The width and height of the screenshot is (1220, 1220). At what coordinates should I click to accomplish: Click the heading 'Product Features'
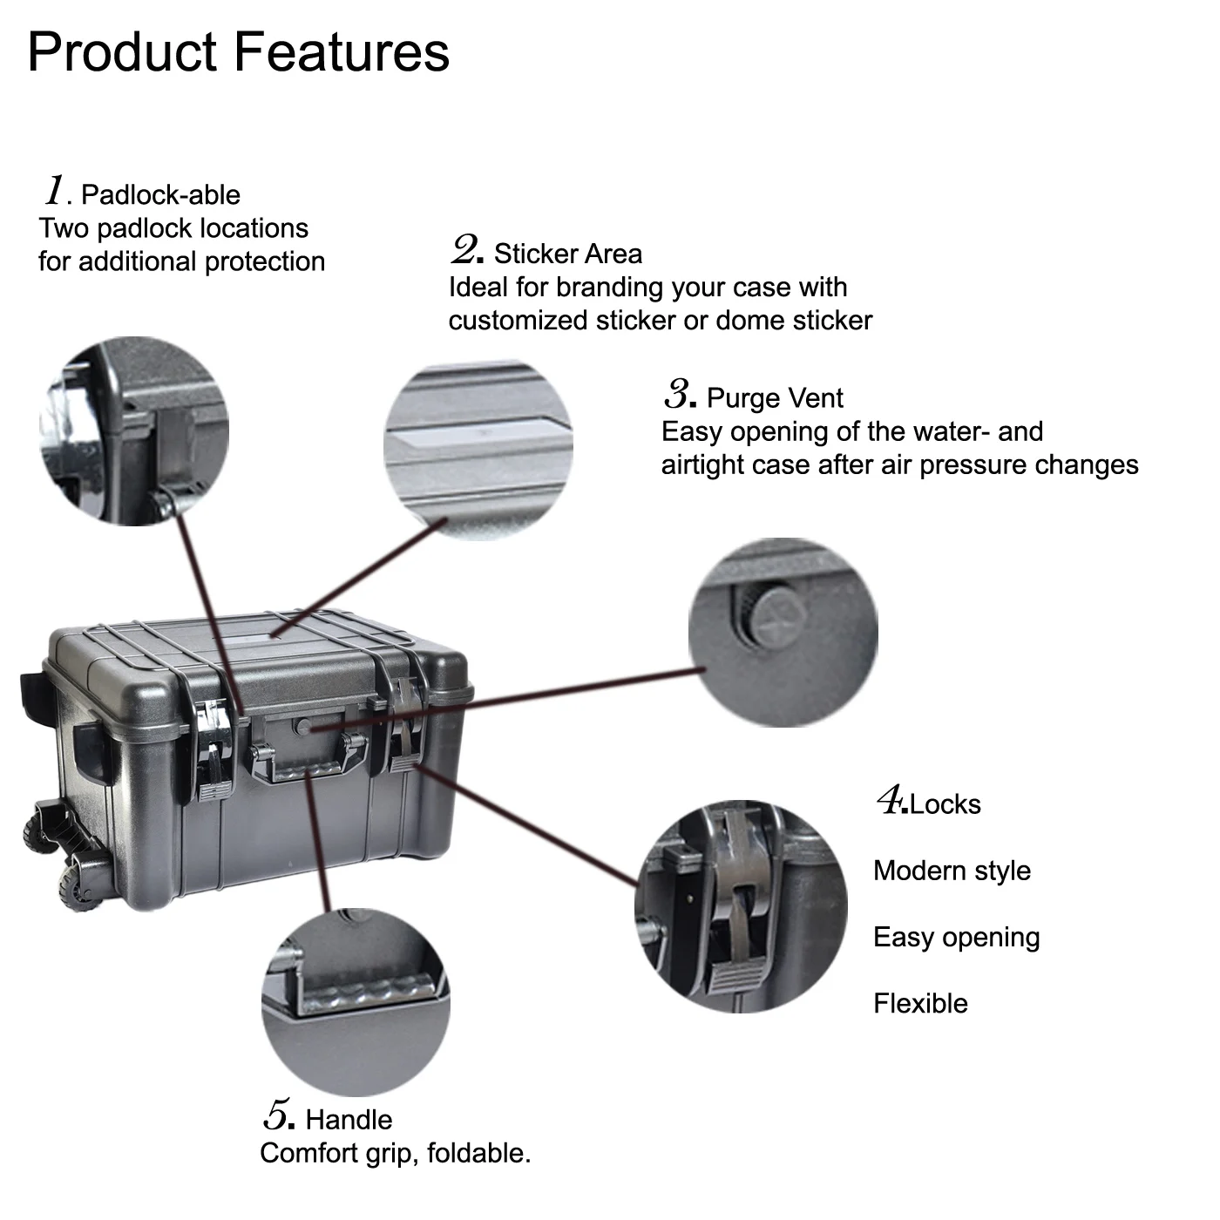click(x=238, y=52)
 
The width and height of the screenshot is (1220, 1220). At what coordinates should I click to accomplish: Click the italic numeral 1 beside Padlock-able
click(x=56, y=189)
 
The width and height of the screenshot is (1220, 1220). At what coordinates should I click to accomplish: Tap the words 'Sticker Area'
click(x=567, y=254)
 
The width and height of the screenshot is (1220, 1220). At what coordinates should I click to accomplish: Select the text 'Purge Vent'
click(x=775, y=398)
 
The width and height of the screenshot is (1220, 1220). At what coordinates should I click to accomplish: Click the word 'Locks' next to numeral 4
click(x=945, y=803)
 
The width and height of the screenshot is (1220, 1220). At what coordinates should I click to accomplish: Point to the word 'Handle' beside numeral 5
click(x=349, y=1120)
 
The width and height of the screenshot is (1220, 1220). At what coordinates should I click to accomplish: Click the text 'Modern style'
click(x=952, y=871)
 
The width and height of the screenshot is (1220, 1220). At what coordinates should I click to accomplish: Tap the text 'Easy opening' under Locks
click(x=956, y=938)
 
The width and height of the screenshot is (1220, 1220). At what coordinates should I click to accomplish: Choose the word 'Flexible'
click(x=920, y=1004)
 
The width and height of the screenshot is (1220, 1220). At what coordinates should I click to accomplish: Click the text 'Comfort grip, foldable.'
click(x=395, y=1154)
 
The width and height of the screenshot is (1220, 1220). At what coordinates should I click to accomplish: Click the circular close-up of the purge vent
click(x=783, y=633)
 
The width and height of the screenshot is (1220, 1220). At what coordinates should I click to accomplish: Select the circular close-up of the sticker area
click(x=478, y=449)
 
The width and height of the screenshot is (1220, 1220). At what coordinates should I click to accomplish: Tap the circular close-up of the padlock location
click(x=134, y=430)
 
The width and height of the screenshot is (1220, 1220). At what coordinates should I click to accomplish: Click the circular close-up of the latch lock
click(x=741, y=906)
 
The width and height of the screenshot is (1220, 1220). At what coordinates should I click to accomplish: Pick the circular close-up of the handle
click(x=356, y=1002)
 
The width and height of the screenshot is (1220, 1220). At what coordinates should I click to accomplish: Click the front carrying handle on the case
click(x=307, y=765)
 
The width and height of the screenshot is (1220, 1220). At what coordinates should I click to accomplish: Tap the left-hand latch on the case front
click(x=211, y=745)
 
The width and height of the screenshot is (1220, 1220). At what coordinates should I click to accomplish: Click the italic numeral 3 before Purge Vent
click(x=678, y=394)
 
